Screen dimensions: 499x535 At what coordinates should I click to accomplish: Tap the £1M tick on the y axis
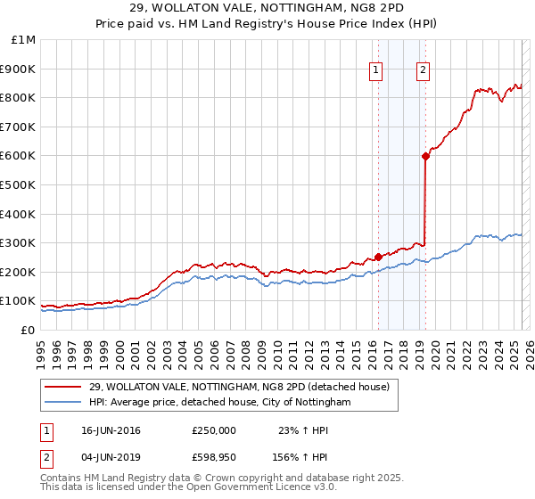pos(22,40)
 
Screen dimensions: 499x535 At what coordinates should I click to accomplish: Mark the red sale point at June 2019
pos(425,156)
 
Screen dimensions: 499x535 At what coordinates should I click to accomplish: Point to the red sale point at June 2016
pos(378,257)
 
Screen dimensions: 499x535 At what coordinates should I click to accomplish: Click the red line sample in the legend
pos(63,388)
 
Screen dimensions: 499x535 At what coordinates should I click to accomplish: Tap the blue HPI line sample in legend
pos(63,403)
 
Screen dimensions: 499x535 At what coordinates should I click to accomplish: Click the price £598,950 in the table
pos(214,457)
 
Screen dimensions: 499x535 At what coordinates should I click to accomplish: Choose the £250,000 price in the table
pos(214,430)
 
